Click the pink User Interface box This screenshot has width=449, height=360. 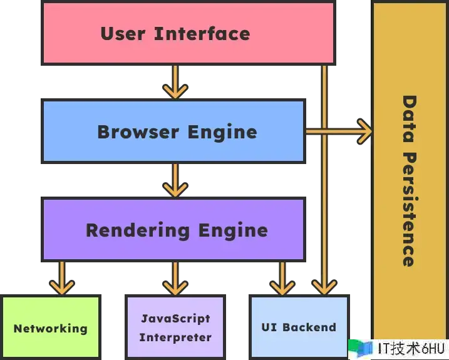click(187, 33)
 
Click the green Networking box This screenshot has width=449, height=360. click(51, 327)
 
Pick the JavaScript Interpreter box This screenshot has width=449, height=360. click(175, 327)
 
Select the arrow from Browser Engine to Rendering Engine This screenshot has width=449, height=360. click(175, 180)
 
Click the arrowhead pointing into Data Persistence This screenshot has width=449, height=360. click(363, 131)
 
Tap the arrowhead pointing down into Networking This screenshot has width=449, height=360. click(62, 285)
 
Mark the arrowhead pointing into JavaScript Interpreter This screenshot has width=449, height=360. click(175, 285)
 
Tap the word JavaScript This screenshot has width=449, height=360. click(175, 319)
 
